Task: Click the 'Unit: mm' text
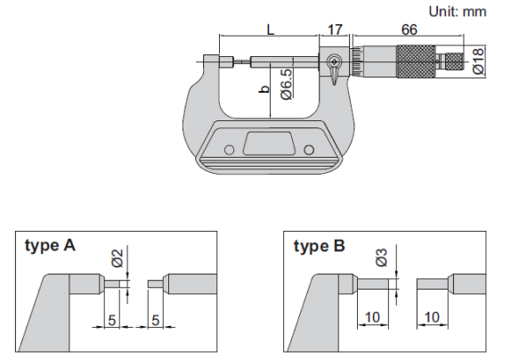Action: [x=458, y=12]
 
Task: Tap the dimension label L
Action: [x=271, y=29]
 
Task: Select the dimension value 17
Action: [x=335, y=29]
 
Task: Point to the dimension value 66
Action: [x=409, y=29]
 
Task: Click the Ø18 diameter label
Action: [x=478, y=61]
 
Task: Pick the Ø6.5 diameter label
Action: [x=286, y=84]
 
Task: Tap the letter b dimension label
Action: [x=264, y=89]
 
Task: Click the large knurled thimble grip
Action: [x=416, y=61]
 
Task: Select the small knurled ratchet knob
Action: [x=454, y=61]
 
